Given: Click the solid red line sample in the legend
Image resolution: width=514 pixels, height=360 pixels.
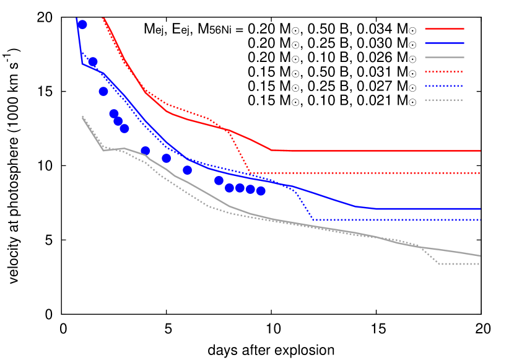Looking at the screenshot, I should pos(444,29).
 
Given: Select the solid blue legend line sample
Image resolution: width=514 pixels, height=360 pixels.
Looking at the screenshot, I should pos(444,43).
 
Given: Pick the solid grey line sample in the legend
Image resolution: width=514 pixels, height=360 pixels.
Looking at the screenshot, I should pos(444,57).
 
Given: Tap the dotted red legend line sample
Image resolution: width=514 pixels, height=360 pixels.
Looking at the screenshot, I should pos(444,71).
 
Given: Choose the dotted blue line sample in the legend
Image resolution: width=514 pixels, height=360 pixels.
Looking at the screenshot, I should pos(444,86).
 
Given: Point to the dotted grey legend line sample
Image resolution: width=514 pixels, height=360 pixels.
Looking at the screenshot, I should pos(444,100).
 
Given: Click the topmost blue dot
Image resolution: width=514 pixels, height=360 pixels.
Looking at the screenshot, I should pos(82,24).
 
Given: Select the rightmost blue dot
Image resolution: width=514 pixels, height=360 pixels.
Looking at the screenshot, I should pos(261,191).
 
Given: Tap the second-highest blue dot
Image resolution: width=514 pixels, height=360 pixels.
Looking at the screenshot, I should pos(92,61).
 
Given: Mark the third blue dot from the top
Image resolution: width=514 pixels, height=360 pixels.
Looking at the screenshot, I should pos(103,91).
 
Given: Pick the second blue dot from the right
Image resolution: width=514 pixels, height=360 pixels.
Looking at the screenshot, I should pos(250,189).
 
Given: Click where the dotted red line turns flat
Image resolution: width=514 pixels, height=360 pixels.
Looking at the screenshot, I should pos(251,173).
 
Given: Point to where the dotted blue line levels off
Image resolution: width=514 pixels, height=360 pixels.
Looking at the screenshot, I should pos(313,220).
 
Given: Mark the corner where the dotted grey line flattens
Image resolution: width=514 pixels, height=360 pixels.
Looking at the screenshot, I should pos(440,264).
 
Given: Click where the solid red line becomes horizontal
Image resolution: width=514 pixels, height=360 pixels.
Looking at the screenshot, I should pos(271,150).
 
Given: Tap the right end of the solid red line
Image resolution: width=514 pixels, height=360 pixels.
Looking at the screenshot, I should pos(480,151).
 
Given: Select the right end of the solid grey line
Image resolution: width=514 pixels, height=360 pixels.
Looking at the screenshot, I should pos(480,255).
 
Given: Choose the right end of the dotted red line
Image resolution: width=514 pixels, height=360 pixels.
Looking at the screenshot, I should pos(480,173).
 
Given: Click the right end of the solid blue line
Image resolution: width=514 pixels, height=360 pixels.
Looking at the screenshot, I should pos(480,209).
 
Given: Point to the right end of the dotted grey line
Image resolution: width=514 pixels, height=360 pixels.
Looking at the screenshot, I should pos(480,264).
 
